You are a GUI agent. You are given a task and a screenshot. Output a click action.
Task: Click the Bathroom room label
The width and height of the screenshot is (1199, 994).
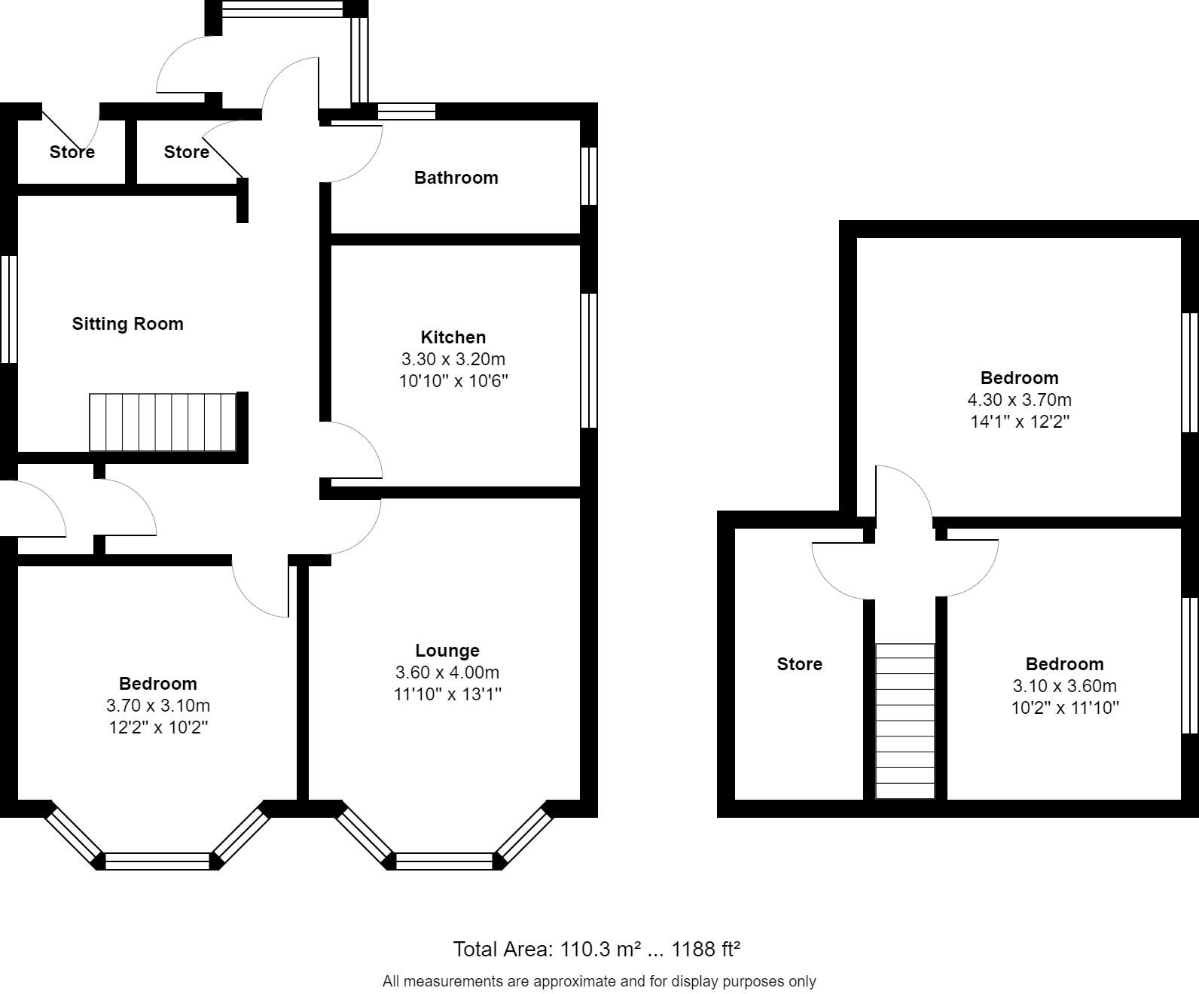point(456,178)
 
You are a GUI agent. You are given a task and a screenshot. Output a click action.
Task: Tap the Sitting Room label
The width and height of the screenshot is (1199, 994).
point(127,324)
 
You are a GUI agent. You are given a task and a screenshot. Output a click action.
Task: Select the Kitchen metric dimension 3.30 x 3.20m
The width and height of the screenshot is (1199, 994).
point(453,359)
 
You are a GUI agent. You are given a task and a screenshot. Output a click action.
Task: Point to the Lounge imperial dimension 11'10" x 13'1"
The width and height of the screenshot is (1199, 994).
point(447,694)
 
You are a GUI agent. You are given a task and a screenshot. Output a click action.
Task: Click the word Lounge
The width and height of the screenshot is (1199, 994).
point(447,651)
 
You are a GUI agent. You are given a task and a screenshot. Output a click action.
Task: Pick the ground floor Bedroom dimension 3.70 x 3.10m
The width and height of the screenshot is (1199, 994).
point(158,706)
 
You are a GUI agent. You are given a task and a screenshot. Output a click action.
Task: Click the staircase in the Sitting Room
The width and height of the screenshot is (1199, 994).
point(163,422)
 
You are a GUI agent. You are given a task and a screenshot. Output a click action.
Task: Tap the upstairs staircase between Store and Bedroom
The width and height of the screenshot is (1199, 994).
point(905,721)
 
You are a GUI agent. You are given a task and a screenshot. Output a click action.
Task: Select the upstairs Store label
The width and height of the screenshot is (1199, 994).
point(799,664)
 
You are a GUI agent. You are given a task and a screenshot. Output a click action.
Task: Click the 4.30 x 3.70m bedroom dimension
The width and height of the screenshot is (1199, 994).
point(1019,400)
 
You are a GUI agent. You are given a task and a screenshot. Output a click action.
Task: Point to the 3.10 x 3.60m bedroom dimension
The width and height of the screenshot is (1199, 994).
point(1064,686)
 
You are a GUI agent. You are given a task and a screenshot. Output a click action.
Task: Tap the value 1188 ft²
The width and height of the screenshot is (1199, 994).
point(706,950)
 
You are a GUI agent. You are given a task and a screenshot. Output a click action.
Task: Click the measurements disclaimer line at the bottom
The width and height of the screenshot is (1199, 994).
point(599,981)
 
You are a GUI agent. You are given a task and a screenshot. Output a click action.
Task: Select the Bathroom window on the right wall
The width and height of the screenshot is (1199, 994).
point(589,175)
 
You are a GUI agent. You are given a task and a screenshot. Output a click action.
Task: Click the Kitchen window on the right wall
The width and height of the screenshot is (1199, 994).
point(589,361)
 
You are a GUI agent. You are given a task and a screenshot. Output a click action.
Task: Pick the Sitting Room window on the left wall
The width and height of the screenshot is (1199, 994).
point(8,309)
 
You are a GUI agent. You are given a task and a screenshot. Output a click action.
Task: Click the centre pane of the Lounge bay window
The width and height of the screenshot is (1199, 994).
point(444,861)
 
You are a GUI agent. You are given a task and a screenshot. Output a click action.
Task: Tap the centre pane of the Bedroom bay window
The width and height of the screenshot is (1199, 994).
point(157,861)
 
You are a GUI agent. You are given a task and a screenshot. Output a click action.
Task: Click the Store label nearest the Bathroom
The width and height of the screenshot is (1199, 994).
point(186,152)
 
